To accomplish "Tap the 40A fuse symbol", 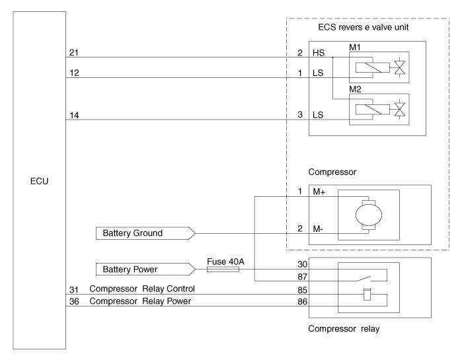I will (x=225, y=269).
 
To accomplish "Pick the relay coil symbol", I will (x=367, y=295).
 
